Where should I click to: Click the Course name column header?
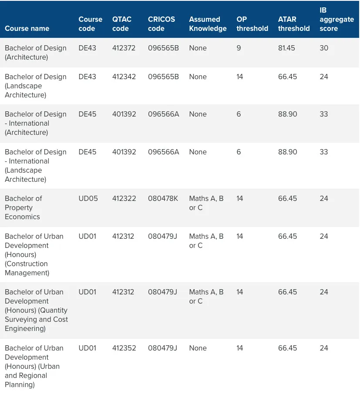click(27, 28)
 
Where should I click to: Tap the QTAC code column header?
click(122, 24)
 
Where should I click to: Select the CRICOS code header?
click(161, 24)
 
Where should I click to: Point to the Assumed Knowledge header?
click(208, 24)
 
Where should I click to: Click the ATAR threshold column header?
click(294, 24)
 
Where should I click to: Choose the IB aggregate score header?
click(336, 19)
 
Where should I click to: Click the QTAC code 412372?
click(124, 48)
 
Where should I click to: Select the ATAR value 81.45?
click(286, 48)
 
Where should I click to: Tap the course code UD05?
click(88, 198)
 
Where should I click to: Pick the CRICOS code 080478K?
click(163, 198)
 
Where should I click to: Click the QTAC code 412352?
click(124, 348)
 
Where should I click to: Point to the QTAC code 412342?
click(124, 77)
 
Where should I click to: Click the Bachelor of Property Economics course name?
click(24, 207)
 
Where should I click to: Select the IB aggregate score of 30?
click(324, 48)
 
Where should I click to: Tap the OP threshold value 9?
click(239, 48)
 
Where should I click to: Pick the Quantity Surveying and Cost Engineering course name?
click(36, 311)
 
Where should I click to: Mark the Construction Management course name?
click(34, 254)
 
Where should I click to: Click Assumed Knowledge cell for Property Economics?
click(206, 203)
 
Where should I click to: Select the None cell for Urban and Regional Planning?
click(198, 348)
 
